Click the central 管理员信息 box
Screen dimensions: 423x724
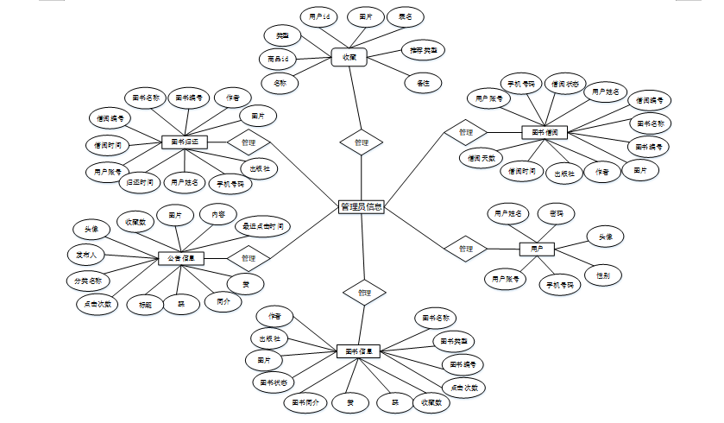[362, 206]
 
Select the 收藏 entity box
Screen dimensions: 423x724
[349, 57]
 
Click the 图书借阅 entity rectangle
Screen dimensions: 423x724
[545, 132]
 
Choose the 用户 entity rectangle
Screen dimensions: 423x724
[536, 249]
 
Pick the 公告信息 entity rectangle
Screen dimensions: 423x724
[180, 257]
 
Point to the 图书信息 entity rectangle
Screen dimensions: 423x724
[357, 351]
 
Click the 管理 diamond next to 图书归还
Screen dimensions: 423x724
[249, 142]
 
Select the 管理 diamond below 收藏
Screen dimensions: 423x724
[362, 142]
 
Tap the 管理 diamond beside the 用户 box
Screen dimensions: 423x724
[466, 249]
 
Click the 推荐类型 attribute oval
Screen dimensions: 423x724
[423, 50]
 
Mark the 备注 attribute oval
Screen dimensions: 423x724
[423, 83]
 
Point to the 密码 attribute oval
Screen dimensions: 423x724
[556, 212]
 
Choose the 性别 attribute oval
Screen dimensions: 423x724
[602, 275]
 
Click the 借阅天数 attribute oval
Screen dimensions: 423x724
[479, 158]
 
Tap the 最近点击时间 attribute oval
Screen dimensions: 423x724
[263, 226]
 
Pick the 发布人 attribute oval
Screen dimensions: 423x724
[86, 255]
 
